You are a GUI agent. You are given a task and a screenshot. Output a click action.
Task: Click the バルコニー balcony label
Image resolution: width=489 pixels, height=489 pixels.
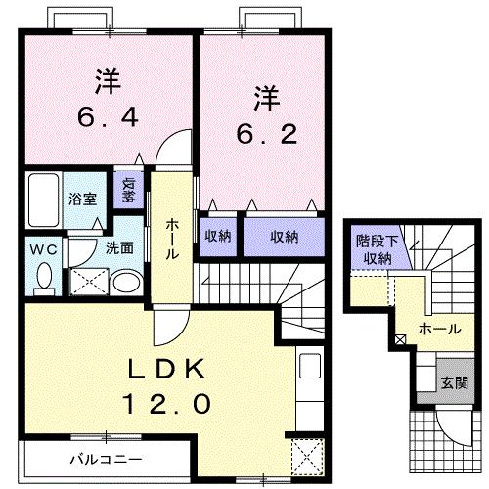pyautogui.click(x=105, y=458)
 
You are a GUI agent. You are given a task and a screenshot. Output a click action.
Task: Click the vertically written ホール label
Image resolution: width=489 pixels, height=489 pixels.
pyautogui.click(x=172, y=239)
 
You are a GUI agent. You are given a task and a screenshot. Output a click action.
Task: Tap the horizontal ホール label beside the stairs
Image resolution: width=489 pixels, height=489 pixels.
pyautogui.click(x=438, y=330)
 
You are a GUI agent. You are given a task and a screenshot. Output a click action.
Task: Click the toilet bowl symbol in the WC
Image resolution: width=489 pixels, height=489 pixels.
pyautogui.click(x=43, y=279)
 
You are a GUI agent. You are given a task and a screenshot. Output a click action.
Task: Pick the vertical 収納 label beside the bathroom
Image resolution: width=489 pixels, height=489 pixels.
pyautogui.click(x=128, y=188)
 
